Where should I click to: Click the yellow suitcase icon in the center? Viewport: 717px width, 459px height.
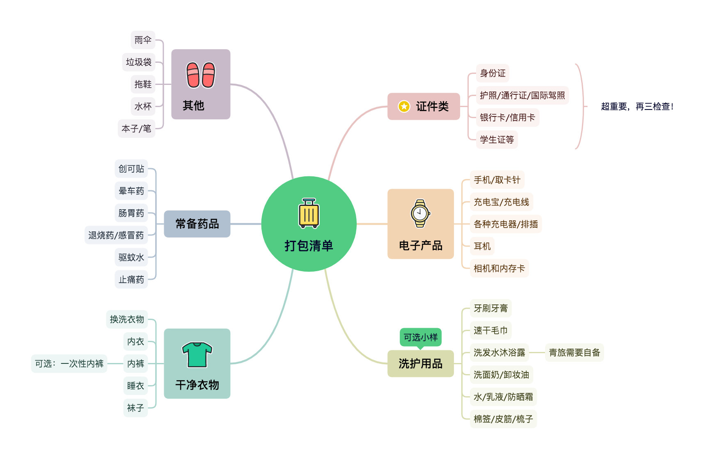(x=309, y=213)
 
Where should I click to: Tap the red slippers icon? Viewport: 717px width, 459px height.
(x=201, y=75)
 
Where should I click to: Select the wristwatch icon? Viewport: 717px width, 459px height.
(x=420, y=213)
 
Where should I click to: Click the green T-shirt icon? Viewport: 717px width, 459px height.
(x=197, y=355)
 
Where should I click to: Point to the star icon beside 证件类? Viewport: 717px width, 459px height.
(x=404, y=107)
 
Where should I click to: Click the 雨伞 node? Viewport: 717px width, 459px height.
(x=143, y=40)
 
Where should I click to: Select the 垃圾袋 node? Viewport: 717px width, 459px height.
(x=139, y=62)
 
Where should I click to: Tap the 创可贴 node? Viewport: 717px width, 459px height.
(x=131, y=169)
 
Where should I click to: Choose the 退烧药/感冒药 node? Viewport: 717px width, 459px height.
(x=116, y=235)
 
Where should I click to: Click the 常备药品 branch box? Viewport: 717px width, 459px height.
(x=197, y=224)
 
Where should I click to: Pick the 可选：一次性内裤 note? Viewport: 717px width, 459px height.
(x=69, y=364)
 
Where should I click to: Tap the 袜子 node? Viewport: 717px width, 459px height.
(x=135, y=408)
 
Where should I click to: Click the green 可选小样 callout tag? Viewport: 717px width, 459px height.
(x=421, y=337)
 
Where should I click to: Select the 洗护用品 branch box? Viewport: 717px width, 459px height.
(x=421, y=364)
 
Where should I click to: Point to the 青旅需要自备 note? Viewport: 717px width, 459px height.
(x=574, y=353)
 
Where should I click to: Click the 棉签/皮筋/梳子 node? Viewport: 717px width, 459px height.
(x=503, y=419)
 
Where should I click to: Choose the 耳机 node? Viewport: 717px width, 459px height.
(x=482, y=247)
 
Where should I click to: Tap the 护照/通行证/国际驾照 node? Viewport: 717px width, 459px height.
(x=522, y=96)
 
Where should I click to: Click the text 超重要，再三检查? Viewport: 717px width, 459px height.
(x=637, y=107)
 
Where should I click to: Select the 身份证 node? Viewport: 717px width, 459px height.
(x=493, y=73)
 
